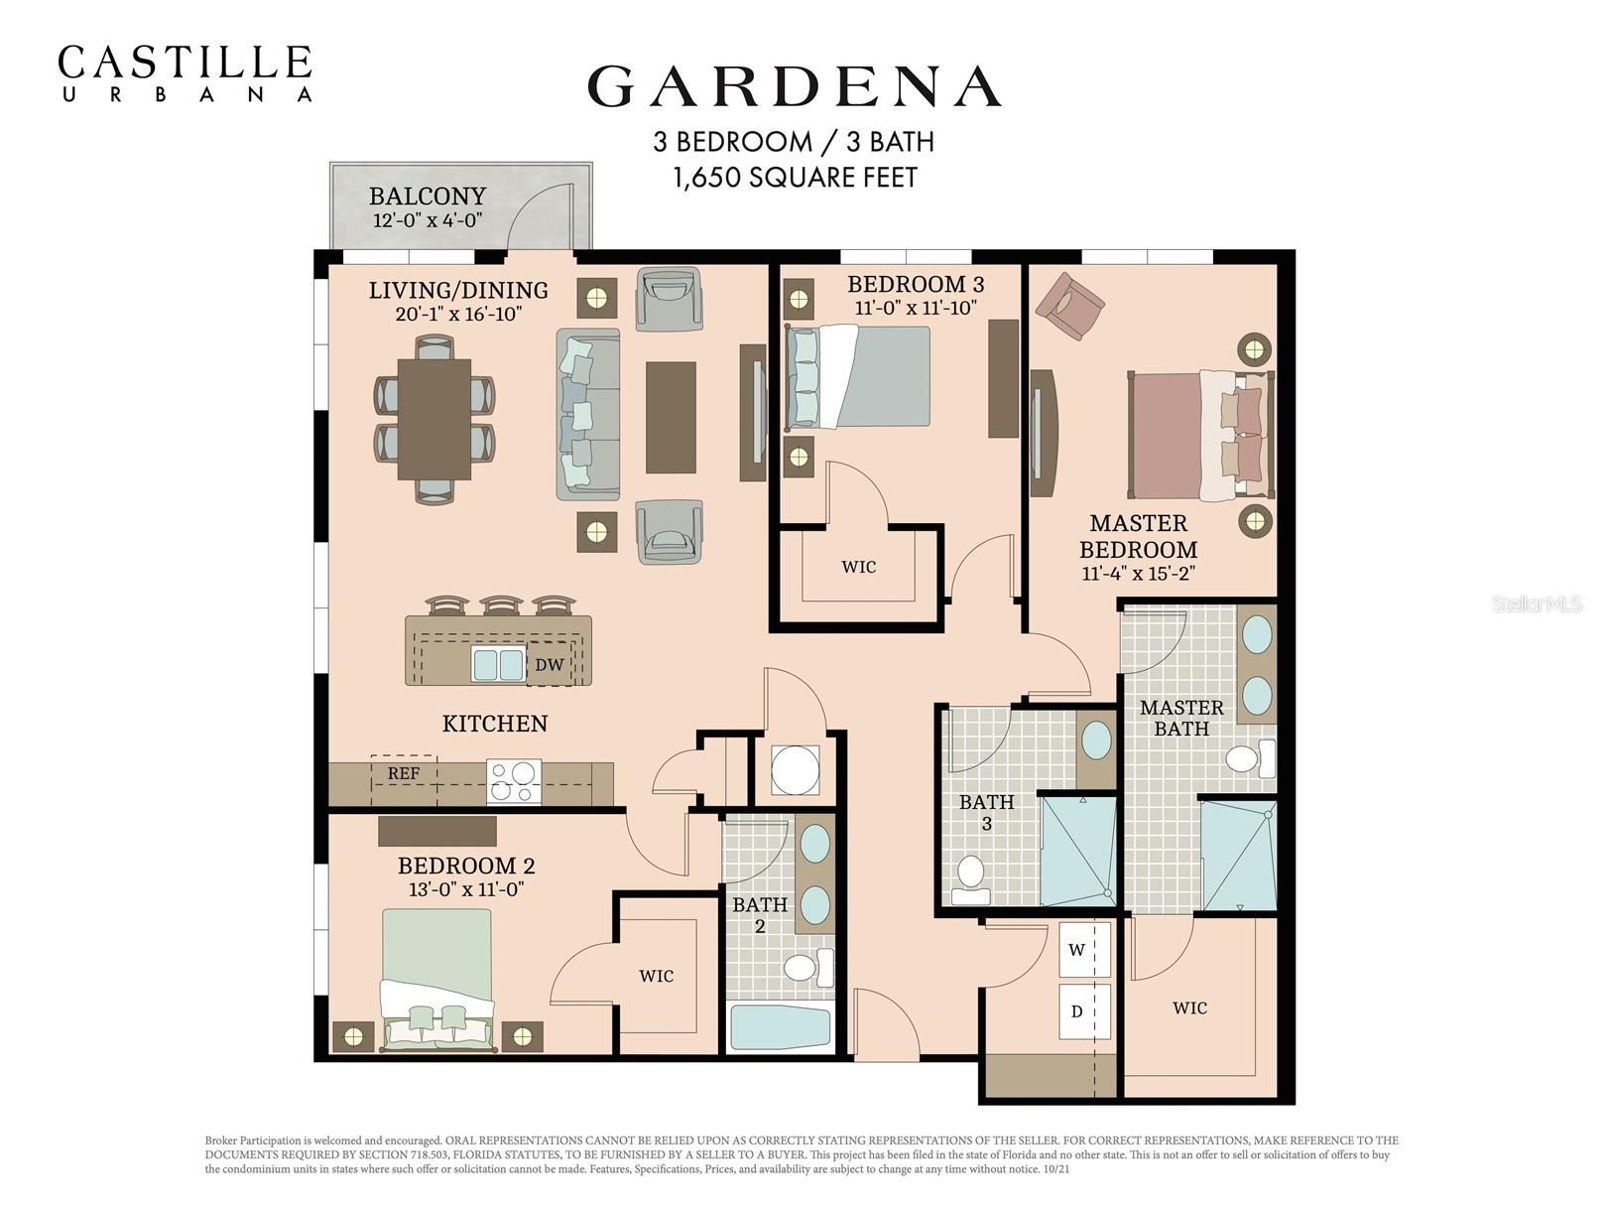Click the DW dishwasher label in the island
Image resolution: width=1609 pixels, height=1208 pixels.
pos(549,665)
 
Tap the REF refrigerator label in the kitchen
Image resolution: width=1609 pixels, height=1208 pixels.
pos(403,773)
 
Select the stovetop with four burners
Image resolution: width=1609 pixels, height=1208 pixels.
pos(514,781)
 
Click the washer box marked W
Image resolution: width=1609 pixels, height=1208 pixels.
pos(1076,950)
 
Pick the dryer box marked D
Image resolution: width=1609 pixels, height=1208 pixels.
pos(1076,1011)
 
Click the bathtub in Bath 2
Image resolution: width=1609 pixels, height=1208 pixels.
pos(781,1028)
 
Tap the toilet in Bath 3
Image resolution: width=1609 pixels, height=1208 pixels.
pos(969,878)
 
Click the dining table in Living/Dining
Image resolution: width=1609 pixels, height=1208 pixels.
pos(434,419)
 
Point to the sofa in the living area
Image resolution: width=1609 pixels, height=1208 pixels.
pos(587,415)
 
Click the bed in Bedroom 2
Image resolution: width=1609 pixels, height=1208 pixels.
pos(437,978)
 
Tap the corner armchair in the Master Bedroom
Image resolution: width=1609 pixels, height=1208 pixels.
pos(1068,305)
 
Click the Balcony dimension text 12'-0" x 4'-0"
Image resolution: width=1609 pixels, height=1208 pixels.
pos(428,220)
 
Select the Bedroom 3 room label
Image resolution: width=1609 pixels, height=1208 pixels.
pos(915,285)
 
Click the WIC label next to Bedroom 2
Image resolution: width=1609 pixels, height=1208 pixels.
pos(656,976)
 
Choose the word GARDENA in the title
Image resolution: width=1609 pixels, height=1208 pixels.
pos(794,87)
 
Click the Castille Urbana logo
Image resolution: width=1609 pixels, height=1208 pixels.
pos(185,72)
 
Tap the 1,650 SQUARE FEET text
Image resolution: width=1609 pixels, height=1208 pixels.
pos(795,178)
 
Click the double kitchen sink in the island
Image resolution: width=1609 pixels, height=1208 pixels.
pos(498,664)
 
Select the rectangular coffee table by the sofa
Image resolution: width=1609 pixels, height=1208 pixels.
pos(671,417)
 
